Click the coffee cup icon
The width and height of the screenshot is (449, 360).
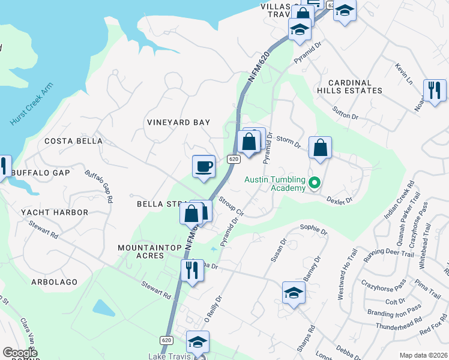pos(203,166)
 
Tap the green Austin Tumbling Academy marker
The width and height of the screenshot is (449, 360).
pos(313,182)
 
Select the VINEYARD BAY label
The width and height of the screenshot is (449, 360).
pos(179,122)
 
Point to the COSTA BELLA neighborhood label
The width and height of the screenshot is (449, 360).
pos(73,141)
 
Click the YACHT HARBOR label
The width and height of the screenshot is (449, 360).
pos(54,212)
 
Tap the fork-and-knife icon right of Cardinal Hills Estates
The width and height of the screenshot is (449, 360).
pos(434,90)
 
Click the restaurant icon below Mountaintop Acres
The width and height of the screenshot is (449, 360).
pos(192,270)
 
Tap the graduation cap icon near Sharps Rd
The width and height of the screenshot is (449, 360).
pos(294,293)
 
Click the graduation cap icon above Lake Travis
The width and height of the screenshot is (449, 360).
pos(197,342)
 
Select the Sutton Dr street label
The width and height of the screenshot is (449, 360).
pos(345,110)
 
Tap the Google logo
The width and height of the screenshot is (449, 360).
pos(20,353)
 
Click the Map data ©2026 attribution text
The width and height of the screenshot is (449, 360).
pos(423,355)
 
